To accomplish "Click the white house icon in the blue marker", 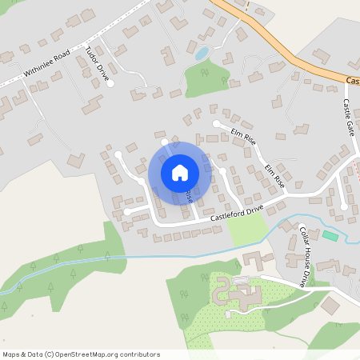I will coord(179,172).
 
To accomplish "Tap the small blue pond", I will coord(202,54).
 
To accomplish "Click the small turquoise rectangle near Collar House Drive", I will coord(330,235).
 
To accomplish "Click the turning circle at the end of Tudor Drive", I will coord(111,83).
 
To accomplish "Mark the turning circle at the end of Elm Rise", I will coord(216,123).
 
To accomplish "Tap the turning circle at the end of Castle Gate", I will coord(345,206).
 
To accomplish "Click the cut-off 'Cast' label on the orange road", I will coord(353,81).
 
